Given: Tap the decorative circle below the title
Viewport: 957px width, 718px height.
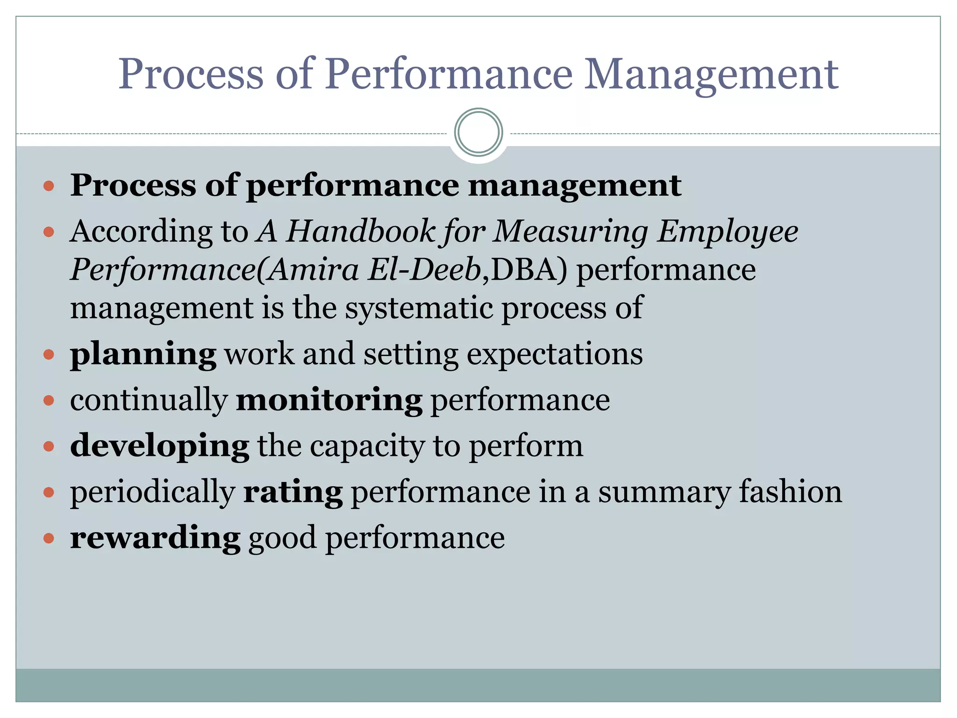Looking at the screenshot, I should [x=478, y=133].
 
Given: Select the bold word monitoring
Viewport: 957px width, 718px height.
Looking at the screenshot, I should [x=329, y=401].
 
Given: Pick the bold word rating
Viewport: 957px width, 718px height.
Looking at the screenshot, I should [x=293, y=492].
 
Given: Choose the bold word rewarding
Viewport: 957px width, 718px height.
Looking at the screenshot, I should [x=155, y=538].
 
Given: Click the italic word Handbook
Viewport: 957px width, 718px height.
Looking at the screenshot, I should [x=361, y=231].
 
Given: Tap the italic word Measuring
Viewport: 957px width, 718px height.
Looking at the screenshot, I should [x=571, y=231].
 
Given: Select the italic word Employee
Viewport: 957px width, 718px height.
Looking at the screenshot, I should [x=728, y=231].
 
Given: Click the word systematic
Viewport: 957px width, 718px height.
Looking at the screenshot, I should [x=419, y=308].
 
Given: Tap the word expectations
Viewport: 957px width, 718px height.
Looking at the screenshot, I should [x=555, y=354].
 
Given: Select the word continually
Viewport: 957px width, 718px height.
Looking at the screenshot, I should [x=149, y=401].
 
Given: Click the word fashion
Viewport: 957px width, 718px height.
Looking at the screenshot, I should [x=790, y=492].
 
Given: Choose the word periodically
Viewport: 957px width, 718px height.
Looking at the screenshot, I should [x=152, y=492].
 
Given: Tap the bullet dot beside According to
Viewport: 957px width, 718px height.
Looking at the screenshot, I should [x=49, y=232].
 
